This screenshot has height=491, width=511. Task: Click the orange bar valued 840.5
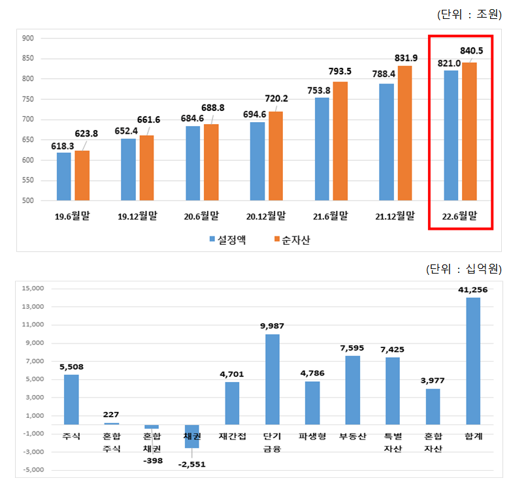469,131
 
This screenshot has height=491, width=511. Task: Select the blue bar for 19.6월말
64,176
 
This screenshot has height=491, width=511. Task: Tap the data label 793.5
340,71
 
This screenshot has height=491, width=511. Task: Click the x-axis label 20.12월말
266,216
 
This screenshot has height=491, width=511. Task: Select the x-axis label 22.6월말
459,216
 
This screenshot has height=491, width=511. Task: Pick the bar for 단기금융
272,379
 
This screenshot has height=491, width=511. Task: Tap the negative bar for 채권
192,436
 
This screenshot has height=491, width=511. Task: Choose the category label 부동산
352,436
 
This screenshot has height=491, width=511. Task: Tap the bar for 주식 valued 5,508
71,399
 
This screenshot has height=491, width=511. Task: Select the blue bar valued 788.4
387,142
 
